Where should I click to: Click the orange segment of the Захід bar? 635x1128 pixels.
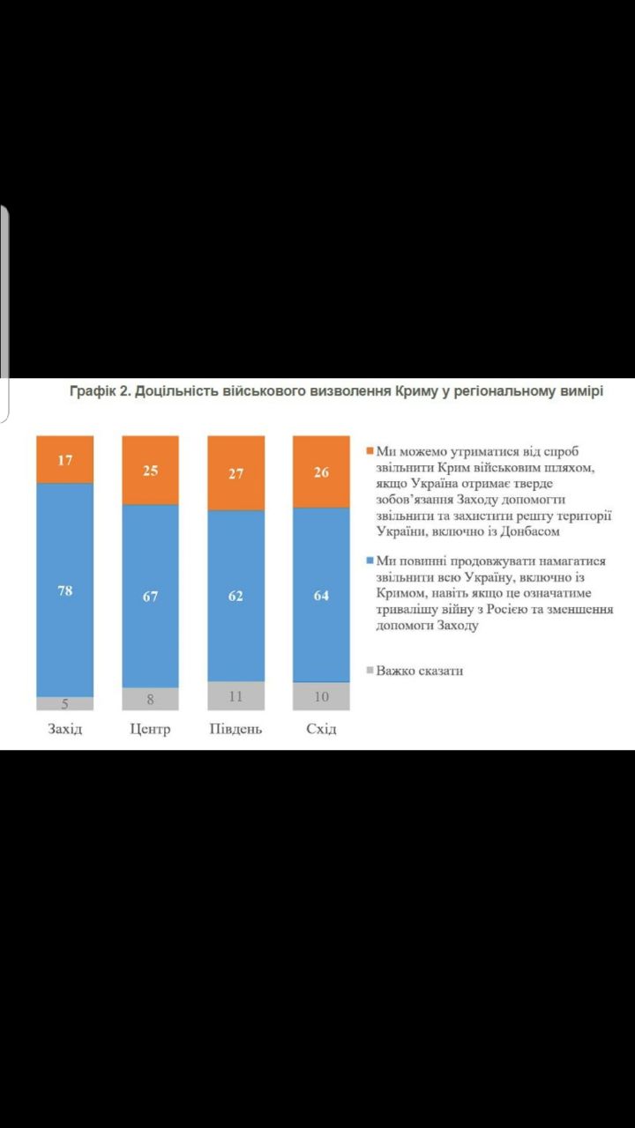(x=64, y=459)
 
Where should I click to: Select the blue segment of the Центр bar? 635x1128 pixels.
(x=150, y=596)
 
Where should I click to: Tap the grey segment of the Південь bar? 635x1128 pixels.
(x=235, y=695)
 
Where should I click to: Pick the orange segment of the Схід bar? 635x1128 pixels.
(x=321, y=471)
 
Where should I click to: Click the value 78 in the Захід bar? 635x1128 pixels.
(x=64, y=590)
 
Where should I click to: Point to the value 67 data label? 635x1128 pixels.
(x=150, y=597)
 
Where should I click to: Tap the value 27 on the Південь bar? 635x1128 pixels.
(x=235, y=473)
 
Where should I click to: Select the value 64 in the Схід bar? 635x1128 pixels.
(x=321, y=596)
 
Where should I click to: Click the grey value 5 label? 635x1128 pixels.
(x=64, y=703)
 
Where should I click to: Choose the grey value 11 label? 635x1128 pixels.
(x=235, y=696)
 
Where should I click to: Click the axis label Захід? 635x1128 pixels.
(x=64, y=730)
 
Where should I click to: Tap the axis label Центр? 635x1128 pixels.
(x=150, y=730)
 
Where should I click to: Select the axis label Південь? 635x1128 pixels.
(x=235, y=730)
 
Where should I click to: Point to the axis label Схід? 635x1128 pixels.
(x=321, y=730)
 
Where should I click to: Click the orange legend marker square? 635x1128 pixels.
(x=370, y=452)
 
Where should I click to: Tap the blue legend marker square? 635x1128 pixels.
(x=370, y=561)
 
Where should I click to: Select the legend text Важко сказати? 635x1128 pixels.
(x=420, y=671)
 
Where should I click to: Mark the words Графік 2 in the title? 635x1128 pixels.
(x=100, y=391)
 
